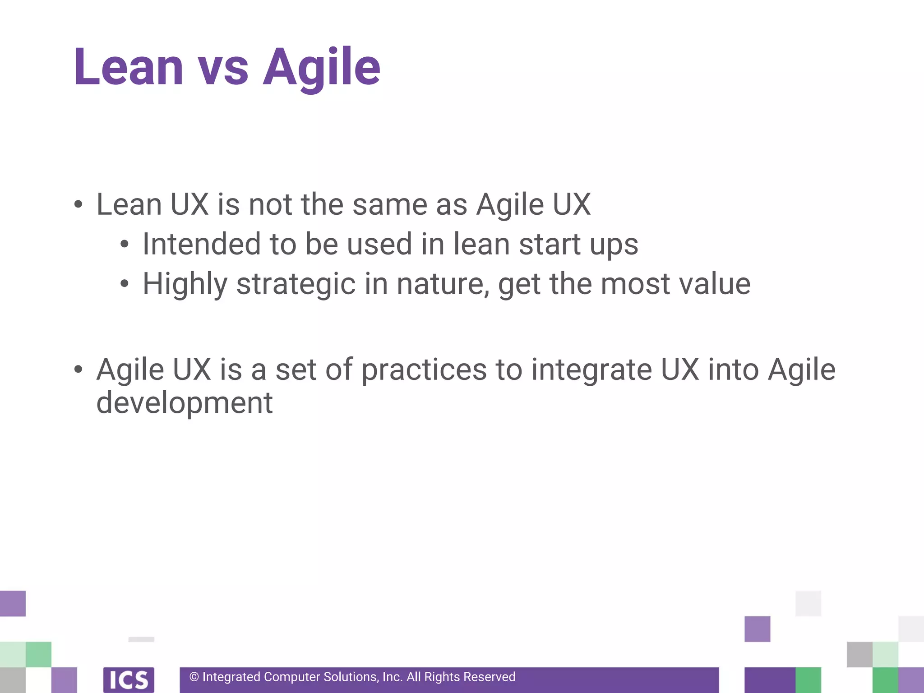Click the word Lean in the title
click(x=129, y=68)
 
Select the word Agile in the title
click(x=321, y=68)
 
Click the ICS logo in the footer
click(x=129, y=679)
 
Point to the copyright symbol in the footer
click(x=194, y=677)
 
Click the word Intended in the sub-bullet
click(x=202, y=244)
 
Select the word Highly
click(x=185, y=284)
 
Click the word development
click(x=185, y=402)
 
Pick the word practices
click(x=424, y=370)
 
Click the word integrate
click(x=591, y=370)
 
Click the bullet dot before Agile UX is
click(x=79, y=370)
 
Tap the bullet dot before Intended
click(x=125, y=245)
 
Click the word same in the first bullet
click(x=389, y=205)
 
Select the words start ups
click(x=578, y=244)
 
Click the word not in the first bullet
click(x=271, y=205)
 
